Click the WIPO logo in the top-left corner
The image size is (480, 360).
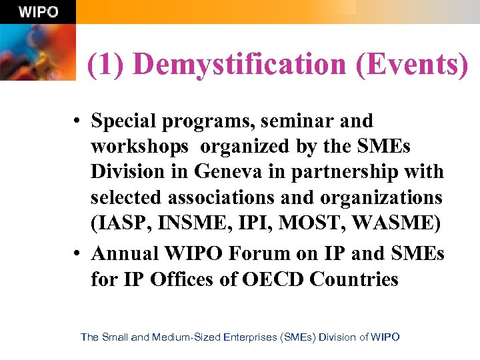click(x=38, y=12)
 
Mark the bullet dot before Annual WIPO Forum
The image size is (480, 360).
click(x=78, y=254)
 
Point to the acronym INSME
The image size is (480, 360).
click(x=193, y=223)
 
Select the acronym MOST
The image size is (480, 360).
click(x=315, y=223)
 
